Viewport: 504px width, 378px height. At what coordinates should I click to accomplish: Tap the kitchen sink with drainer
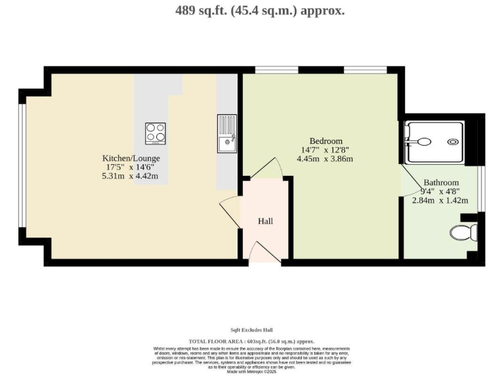point(226,133)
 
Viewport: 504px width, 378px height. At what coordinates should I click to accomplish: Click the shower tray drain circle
point(453,141)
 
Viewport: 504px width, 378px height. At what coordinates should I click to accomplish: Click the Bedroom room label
point(326,141)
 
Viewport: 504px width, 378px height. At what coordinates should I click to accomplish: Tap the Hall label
point(265,221)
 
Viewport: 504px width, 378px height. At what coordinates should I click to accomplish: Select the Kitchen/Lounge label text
point(131,158)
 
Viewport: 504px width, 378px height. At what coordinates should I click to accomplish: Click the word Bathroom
point(440,182)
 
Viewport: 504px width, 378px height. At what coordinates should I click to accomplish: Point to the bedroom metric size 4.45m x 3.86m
point(325,159)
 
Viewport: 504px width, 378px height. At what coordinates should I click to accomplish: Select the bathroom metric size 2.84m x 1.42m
point(440,200)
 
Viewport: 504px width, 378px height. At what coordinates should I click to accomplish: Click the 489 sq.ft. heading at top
point(260,10)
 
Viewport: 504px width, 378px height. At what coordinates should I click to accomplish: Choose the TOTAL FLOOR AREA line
point(251,341)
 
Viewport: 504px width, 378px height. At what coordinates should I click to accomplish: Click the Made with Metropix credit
point(251,371)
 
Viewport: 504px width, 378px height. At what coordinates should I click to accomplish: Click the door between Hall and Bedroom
point(267,169)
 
